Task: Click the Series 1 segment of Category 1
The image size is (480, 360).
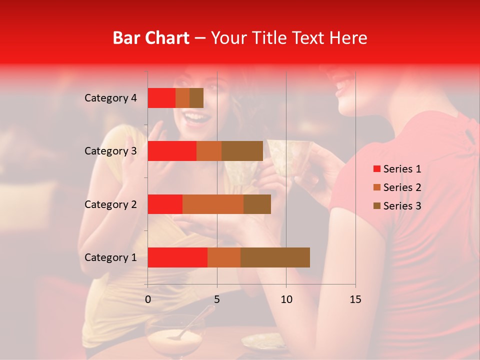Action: tap(177, 257)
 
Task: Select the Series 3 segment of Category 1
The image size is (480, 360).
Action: tap(275, 257)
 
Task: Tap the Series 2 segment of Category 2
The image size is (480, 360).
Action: tap(213, 204)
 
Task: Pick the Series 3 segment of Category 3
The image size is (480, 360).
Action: tap(242, 151)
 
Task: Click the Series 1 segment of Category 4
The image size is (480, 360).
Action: tap(161, 98)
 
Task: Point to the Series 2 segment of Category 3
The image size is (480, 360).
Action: tap(209, 151)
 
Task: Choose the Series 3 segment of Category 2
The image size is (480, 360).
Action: tap(257, 204)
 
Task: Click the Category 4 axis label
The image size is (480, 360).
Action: tap(110, 98)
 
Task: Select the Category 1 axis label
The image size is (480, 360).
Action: tap(110, 257)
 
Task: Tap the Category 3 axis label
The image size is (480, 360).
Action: tap(110, 151)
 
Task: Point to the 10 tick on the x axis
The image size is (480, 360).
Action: tap(286, 299)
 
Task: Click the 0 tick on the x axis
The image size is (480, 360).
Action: tap(147, 299)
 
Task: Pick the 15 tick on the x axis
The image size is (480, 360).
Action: tap(355, 299)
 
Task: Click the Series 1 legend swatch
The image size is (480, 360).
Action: tap(376, 169)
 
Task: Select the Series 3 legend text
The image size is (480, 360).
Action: tap(402, 206)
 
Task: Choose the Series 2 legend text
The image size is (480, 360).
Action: tap(402, 187)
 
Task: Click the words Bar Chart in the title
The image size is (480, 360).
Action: tap(151, 38)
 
